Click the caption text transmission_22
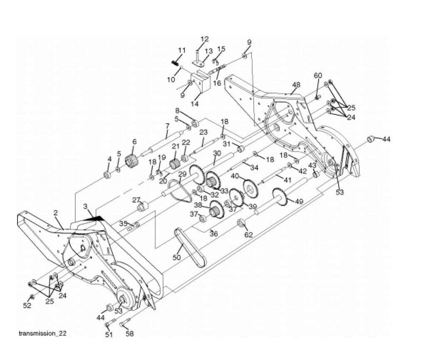(x=43, y=333)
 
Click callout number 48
(x=296, y=85)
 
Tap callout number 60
(x=318, y=75)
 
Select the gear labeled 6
(x=132, y=161)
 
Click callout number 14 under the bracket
(x=195, y=104)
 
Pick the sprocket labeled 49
(x=280, y=198)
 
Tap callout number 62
(x=249, y=235)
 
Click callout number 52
(x=27, y=306)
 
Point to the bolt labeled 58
(x=126, y=323)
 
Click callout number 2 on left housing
(x=56, y=213)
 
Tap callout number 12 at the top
(x=204, y=39)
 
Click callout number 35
(x=124, y=224)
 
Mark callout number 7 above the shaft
(x=167, y=126)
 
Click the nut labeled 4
(x=106, y=174)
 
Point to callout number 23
(x=203, y=132)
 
